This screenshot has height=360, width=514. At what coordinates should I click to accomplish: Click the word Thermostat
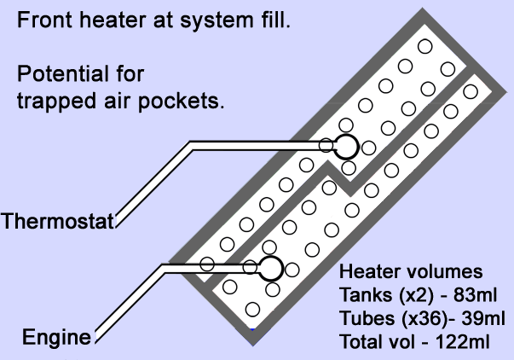58,222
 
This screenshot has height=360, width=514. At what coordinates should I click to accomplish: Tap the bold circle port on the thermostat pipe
345,146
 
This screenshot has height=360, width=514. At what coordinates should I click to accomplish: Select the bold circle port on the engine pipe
270,268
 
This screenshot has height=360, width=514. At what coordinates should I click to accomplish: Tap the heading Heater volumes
411,274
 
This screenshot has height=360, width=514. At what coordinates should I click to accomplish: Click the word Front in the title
42,21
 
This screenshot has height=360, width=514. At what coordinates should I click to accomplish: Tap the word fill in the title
275,21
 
